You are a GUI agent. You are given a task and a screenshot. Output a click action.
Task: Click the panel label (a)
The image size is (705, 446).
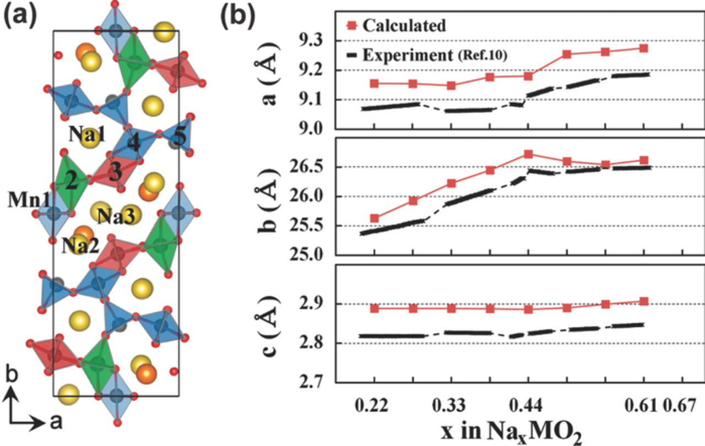pyautogui.click(x=20, y=17)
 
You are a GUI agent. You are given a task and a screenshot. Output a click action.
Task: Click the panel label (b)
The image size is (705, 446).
pyautogui.click(x=237, y=17)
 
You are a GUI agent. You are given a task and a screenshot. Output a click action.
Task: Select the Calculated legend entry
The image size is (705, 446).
pyautogui.click(x=401, y=25)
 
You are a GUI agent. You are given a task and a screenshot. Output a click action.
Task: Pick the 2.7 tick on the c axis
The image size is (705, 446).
pyautogui.click(x=312, y=382)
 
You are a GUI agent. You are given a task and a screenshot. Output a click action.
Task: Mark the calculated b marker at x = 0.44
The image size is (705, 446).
pyautogui.click(x=528, y=154)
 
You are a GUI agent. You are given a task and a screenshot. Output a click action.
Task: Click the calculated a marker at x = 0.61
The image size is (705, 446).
pyautogui.click(x=643, y=48)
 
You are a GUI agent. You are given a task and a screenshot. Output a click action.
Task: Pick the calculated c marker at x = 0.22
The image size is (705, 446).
pyautogui.click(x=375, y=308)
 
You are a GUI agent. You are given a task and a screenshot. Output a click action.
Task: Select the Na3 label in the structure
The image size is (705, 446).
pyautogui.click(x=116, y=216)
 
